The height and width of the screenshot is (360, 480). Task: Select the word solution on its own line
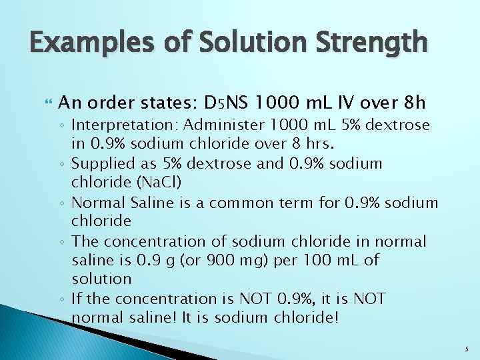click(101, 278)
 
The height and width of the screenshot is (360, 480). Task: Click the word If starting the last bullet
click(78, 298)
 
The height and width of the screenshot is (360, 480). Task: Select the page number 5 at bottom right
click(467, 347)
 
